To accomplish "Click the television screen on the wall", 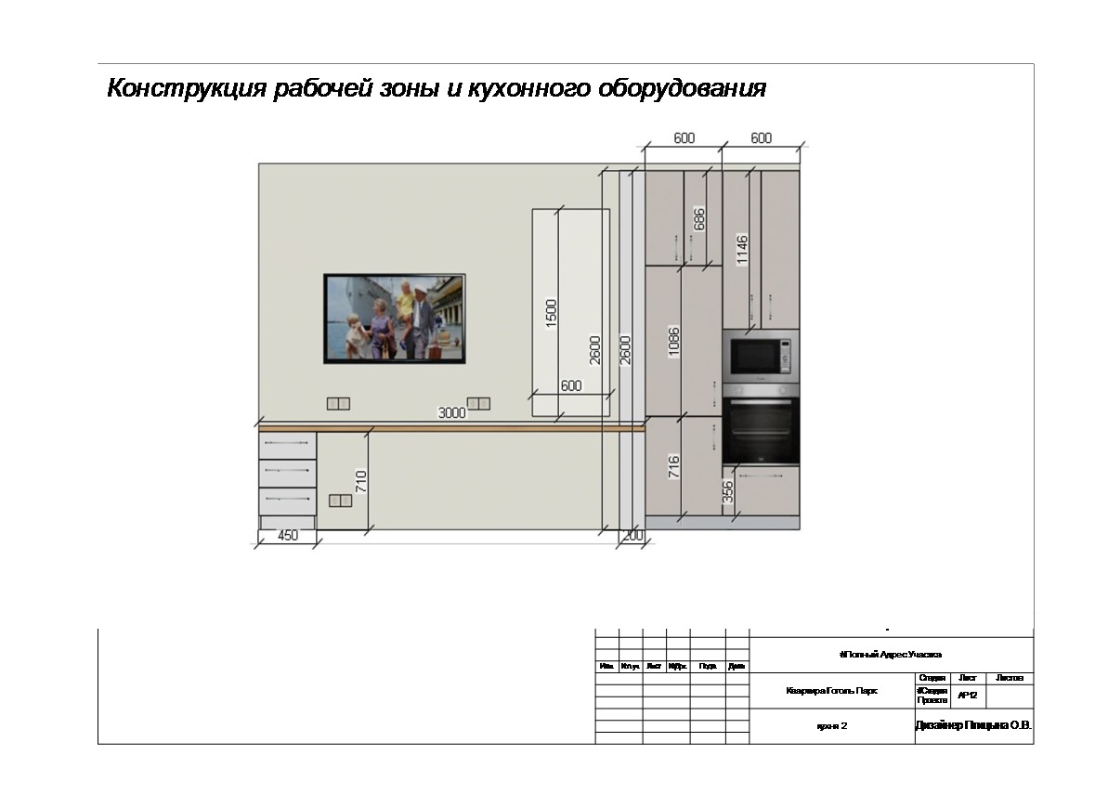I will [x=394, y=319].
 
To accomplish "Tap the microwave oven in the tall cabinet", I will [x=760, y=355].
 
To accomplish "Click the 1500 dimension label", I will [x=551, y=313].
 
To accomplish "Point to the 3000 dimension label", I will [x=451, y=413].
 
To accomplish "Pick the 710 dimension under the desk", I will [x=362, y=481].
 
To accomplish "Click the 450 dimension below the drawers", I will [x=288, y=536].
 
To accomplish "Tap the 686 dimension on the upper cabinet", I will [x=699, y=218].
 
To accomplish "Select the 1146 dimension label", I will [x=741, y=250].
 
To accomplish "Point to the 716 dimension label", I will [x=674, y=466].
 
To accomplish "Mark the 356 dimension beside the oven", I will [x=728, y=491].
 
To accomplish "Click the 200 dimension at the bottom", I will [x=632, y=537].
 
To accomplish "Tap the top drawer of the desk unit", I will [x=287, y=445].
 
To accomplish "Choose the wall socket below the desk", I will [x=340, y=501].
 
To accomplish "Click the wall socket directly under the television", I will [x=338, y=403].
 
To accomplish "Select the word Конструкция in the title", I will [x=185, y=89].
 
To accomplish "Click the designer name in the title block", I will [x=973, y=725].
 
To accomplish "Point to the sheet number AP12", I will [x=967, y=695].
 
